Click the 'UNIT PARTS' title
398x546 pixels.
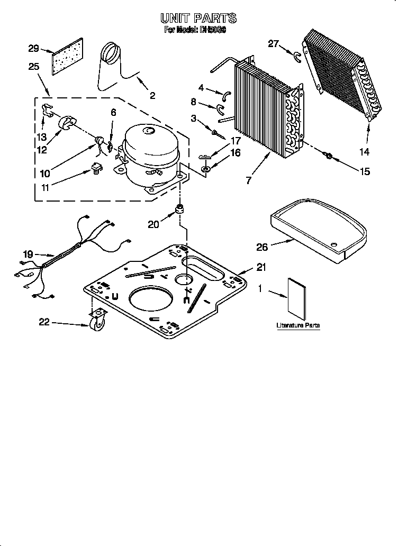[198, 18]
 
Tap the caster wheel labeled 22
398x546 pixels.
[97, 324]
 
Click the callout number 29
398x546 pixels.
[34, 49]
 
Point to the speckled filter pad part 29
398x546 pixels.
[68, 57]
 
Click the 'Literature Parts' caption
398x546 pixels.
[298, 325]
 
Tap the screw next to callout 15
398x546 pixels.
[328, 156]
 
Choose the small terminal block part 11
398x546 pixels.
[95, 168]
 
